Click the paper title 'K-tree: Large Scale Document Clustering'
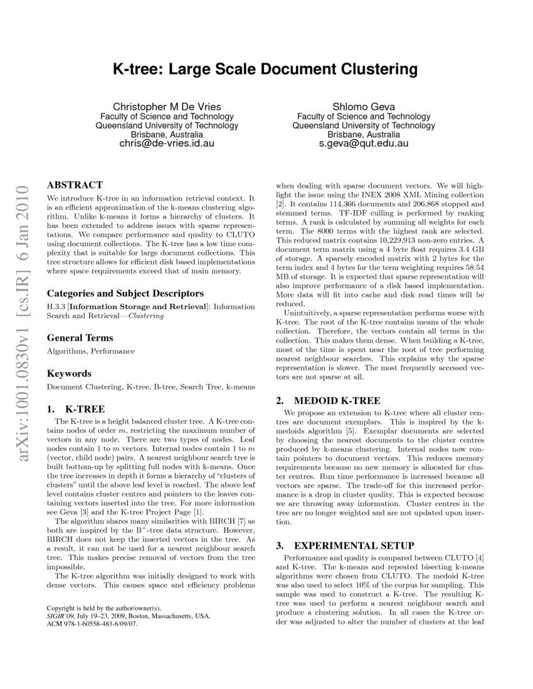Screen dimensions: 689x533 point(265,68)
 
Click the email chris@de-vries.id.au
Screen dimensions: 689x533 point(167,143)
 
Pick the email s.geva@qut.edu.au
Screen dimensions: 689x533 point(354,143)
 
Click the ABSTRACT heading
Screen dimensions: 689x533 point(75,185)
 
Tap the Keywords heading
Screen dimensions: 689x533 point(69,373)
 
